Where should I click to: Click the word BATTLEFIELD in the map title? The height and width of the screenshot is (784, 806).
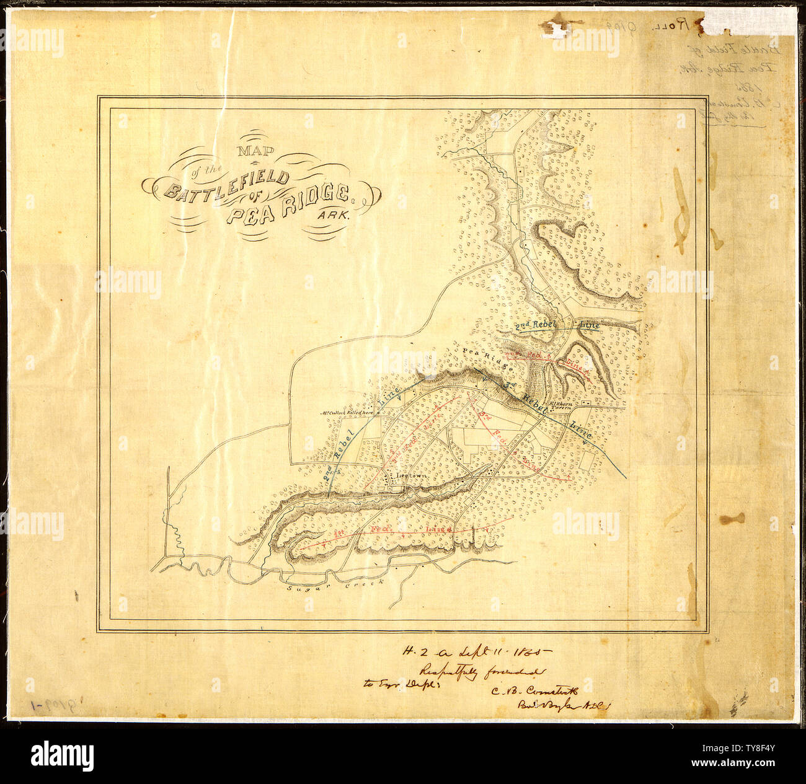(226, 184)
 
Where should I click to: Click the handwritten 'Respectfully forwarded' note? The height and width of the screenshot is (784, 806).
(482, 671)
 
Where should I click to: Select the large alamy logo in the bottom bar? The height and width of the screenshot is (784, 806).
(63, 756)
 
